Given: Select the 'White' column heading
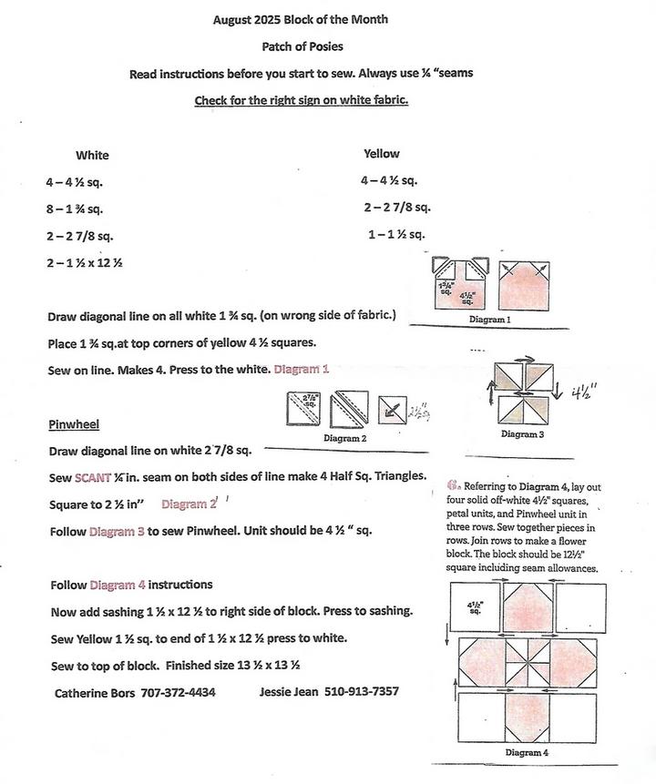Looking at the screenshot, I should pyautogui.click(x=92, y=156).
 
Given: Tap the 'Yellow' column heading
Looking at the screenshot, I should pyautogui.click(x=381, y=154).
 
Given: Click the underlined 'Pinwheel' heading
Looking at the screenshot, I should pyautogui.click(x=74, y=425).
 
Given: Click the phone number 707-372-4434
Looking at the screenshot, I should pyautogui.click(x=179, y=692).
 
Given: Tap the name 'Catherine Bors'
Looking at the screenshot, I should pyautogui.click(x=94, y=692).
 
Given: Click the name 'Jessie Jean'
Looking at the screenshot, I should pyautogui.click(x=290, y=692).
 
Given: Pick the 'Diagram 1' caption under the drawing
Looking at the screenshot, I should pyautogui.click(x=489, y=321).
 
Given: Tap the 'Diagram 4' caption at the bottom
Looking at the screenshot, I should pyautogui.click(x=527, y=753).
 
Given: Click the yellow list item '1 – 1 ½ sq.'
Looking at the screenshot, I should pyautogui.click(x=396, y=235).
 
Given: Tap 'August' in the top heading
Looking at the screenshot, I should pyautogui.click(x=233, y=19).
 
